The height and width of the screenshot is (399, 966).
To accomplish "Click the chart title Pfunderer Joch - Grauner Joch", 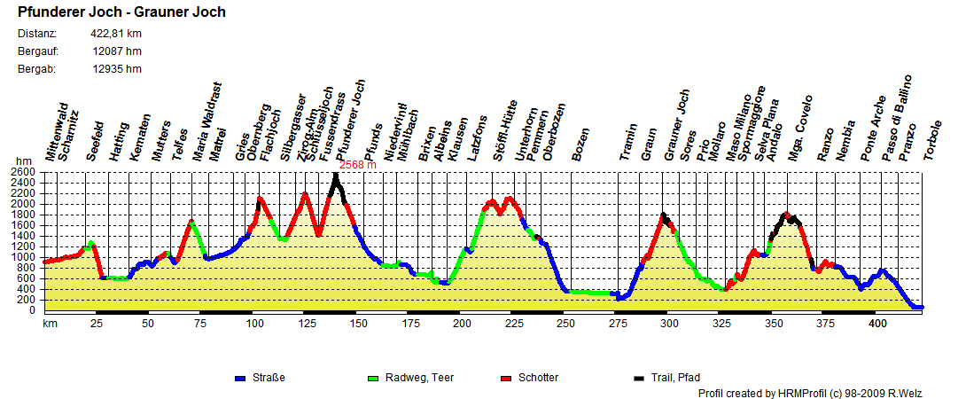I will [x=121, y=12].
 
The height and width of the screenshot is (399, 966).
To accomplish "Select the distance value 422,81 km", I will [x=116, y=34].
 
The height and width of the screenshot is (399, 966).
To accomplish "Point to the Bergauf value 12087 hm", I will [x=117, y=51].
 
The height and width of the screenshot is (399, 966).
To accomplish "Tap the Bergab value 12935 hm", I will [x=117, y=68].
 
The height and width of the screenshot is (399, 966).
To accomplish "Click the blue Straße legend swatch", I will [x=240, y=379].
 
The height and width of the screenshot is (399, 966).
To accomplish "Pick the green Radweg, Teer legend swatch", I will [x=372, y=379].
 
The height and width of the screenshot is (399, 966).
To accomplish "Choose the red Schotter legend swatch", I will [x=505, y=379].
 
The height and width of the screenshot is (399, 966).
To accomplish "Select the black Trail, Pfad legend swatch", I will [x=638, y=379].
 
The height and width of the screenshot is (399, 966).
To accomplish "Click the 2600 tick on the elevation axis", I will [x=25, y=172].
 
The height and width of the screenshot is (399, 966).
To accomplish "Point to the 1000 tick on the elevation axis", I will [x=25, y=257].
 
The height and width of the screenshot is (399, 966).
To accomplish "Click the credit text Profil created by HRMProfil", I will [x=821, y=393].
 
